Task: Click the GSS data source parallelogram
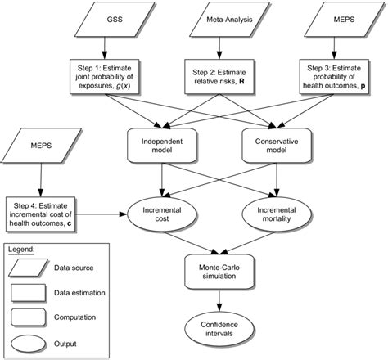click(x=88, y=18)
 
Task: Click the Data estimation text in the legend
click(x=91, y=291)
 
